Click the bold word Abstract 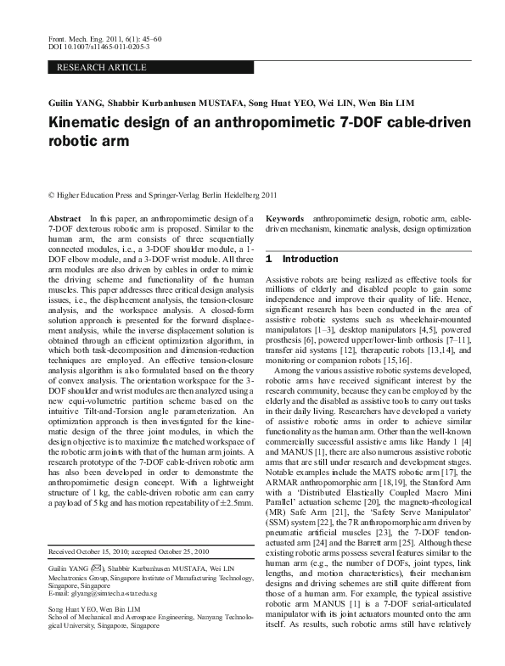[65, 219]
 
